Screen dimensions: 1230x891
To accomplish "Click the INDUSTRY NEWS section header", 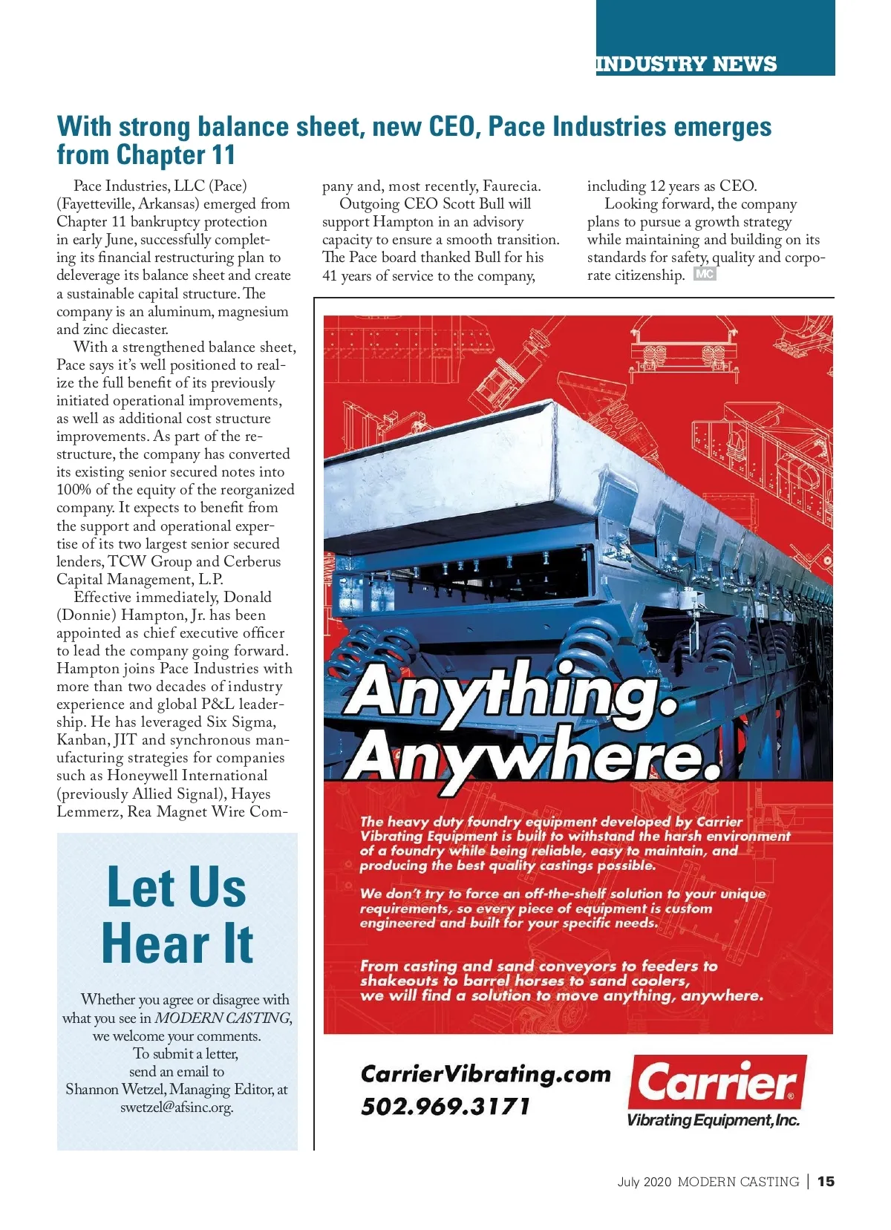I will [686, 64].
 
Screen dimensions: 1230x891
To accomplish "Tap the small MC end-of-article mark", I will [704, 274].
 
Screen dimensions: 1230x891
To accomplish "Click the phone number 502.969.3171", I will [446, 1107].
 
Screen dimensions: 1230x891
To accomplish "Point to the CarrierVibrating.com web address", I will [486, 1074].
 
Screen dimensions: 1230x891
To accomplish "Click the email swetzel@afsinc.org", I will [177, 1108].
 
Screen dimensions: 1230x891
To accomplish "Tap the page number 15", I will [826, 1181].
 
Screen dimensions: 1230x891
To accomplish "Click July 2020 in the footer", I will [644, 1182].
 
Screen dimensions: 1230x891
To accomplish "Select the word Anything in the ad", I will [511, 692].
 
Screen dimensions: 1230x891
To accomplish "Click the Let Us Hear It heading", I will [177, 915].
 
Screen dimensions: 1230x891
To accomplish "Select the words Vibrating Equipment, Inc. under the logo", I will [713, 1120].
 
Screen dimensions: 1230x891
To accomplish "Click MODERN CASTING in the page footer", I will [738, 1182].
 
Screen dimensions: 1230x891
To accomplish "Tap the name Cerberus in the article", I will [252, 562].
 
